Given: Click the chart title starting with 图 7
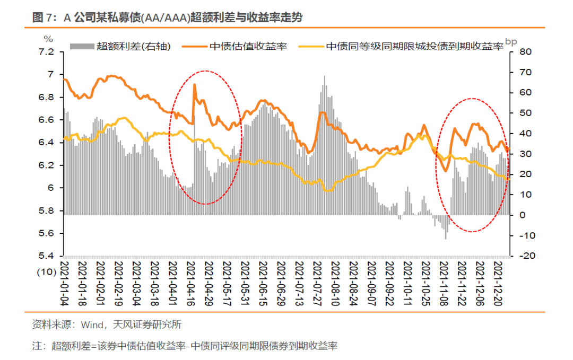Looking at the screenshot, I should coord(167,17).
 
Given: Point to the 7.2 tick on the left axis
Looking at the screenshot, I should coord(47,52).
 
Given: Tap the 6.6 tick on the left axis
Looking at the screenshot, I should coord(47,120).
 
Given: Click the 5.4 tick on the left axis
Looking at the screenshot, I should coord(47,256).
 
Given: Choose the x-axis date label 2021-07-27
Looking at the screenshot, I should coord(317,281).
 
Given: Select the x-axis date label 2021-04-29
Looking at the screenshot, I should coord(208,281).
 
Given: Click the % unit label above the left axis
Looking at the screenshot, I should coord(48,39).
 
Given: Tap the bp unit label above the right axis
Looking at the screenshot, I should coord(510,41).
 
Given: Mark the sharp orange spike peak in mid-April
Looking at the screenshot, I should coord(194,85).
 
